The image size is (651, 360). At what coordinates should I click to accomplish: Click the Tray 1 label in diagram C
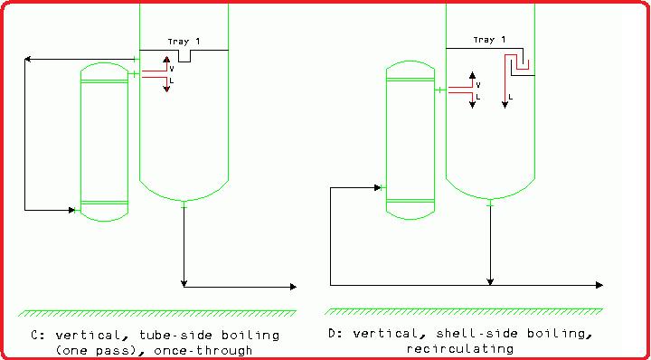[x=184, y=41]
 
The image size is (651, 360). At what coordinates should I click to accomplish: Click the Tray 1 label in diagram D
[x=489, y=40]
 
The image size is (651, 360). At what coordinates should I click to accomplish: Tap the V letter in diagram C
[x=173, y=67]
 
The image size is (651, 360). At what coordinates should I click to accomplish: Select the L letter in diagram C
[x=173, y=81]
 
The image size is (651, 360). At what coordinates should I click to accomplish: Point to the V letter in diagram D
[x=478, y=84]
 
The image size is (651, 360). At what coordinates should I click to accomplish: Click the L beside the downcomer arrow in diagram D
[x=512, y=95]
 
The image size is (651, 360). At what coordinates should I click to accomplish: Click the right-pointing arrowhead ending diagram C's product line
[x=292, y=287]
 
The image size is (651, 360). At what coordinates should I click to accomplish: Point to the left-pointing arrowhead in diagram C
[x=29, y=60]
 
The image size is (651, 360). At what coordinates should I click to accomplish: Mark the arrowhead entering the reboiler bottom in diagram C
[x=74, y=210]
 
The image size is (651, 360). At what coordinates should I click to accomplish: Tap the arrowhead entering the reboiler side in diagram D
[x=380, y=188]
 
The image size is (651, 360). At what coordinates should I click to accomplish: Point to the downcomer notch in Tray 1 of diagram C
[x=184, y=57]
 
